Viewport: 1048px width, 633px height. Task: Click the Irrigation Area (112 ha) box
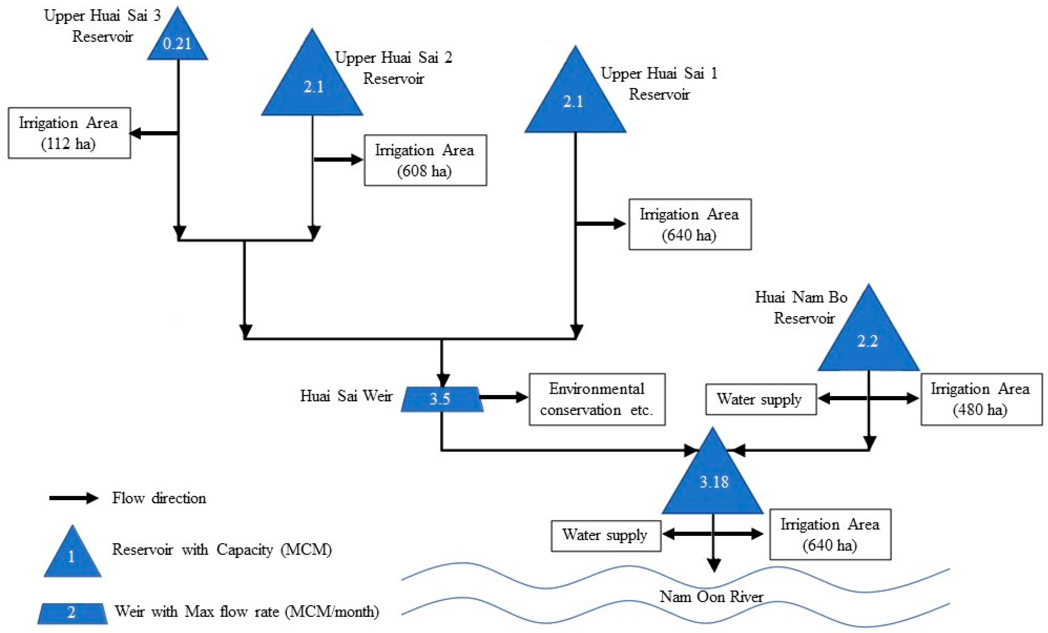[x=69, y=133]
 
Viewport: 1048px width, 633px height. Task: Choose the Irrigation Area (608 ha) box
[x=425, y=161]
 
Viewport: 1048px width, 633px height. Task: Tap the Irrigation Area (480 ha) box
[x=981, y=399]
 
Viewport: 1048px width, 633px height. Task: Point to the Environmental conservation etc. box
[x=597, y=399]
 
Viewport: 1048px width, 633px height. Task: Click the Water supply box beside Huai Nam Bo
[x=761, y=399]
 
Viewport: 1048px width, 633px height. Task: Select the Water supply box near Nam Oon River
[x=606, y=536]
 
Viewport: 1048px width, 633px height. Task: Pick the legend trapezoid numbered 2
[x=72, y=613]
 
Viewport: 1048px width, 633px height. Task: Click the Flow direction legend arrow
[x=73, y=498]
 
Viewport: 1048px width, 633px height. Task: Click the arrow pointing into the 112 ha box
[x=153, y=134]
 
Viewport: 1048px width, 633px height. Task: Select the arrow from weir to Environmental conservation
[x=504, y=397]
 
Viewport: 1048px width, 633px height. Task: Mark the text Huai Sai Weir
[x=346, y=396]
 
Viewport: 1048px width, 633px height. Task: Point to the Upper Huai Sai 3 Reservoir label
[x=103, y=25]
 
